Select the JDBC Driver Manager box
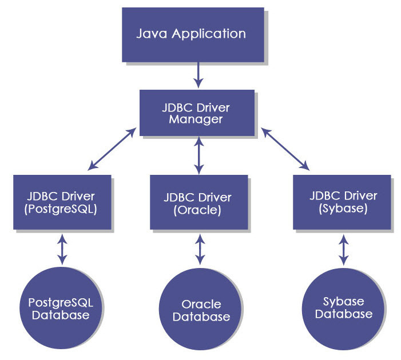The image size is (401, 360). coord(197,113)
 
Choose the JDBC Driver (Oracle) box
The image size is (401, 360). coord(198,203)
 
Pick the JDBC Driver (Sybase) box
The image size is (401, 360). coord(342,202)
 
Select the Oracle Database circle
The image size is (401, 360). coord(201,310)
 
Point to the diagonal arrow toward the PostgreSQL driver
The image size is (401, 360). coord(113,149)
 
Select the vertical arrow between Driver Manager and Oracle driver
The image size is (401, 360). coord(198,155)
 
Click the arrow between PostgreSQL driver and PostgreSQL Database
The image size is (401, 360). coord(62,249)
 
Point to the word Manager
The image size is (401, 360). coord(197,119)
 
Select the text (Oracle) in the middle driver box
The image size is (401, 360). coord(198,210)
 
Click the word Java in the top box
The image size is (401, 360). coord(150,33)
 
